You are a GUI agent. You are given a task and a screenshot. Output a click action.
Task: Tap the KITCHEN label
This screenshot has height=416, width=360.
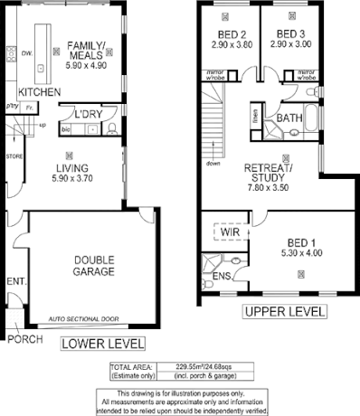39,93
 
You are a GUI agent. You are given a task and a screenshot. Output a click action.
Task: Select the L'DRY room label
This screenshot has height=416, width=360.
89,114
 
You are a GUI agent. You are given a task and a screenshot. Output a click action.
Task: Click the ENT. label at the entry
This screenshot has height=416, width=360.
15,282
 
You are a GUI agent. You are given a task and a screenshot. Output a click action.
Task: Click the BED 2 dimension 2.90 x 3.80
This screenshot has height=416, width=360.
228,43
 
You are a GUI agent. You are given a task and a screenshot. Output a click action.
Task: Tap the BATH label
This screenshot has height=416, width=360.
289,118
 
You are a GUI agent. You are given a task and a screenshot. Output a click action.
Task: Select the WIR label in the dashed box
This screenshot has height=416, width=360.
230,232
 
